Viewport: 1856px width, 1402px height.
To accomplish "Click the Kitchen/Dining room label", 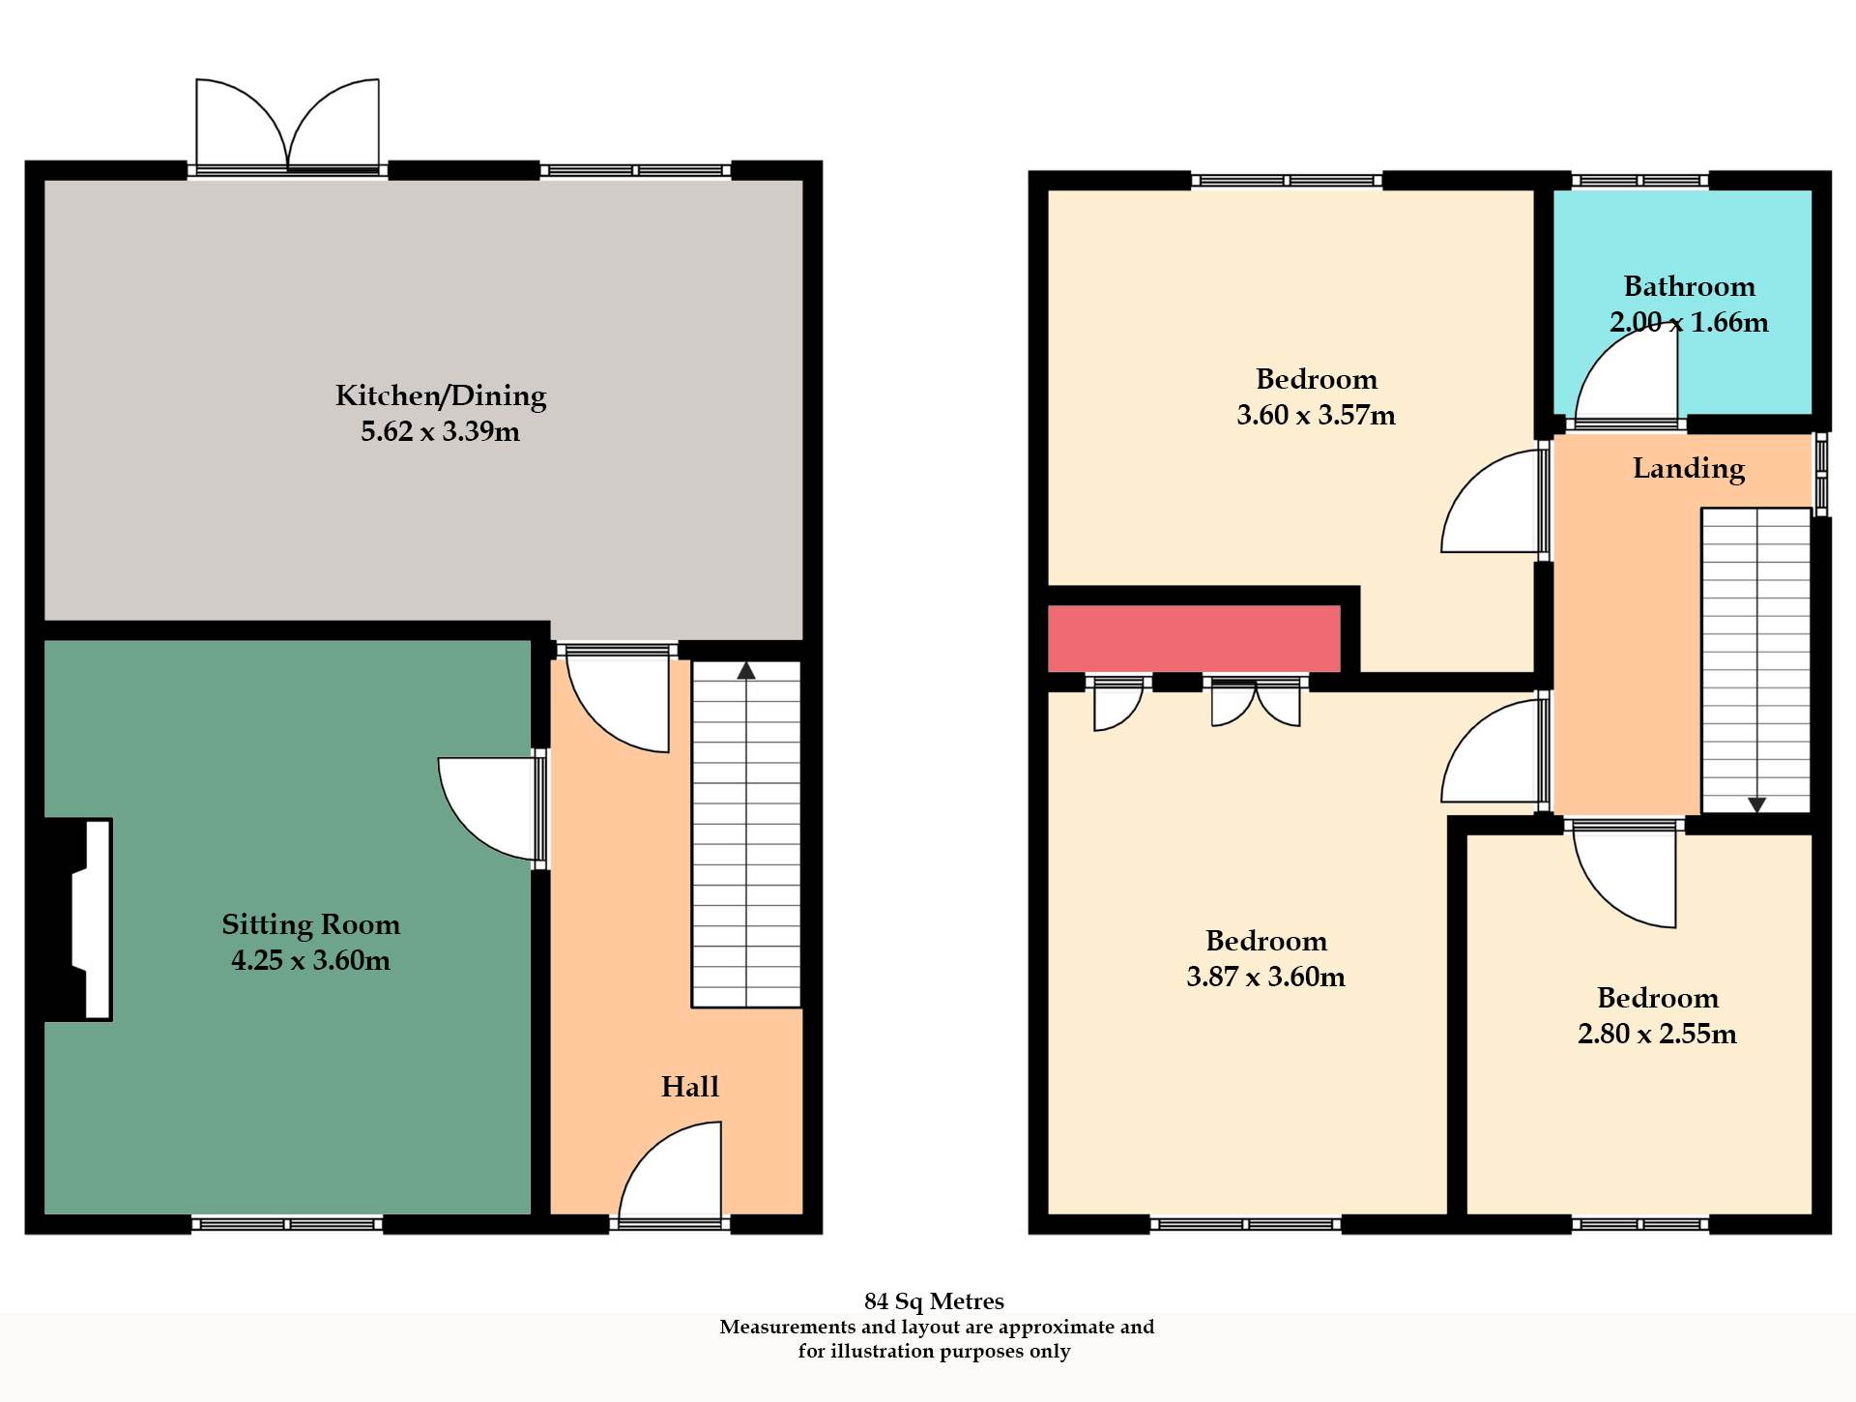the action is (x=441, y=395).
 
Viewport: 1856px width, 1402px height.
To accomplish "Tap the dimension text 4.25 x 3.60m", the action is (x=310, y=960).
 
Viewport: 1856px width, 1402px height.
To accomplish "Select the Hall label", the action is (x=689, y=1087).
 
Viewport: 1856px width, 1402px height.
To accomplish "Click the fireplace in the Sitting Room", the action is (x=79, y=920).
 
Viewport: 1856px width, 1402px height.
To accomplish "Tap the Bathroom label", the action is (x=1689, y=286).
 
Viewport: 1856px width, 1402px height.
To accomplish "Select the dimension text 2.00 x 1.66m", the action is (x=1689, y=322).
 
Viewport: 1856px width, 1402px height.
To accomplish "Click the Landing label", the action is (x=1689, y=468).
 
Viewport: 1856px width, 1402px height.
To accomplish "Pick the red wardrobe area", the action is (x=1194, y=638).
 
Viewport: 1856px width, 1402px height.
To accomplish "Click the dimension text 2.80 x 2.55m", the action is (x=1657, y=1034).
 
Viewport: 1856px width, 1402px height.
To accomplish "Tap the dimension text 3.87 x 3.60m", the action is (x=1265, y=977).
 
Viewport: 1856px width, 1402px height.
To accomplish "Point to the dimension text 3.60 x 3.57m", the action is (x=1316, y=415).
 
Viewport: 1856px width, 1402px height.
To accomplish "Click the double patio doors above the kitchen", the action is (x=287, y=126).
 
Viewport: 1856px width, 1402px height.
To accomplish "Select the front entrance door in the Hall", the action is (x=671, y=1173).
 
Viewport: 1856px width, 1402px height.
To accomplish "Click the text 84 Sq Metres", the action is (x=934, y=1301).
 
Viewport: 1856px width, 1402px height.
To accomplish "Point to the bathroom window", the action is (x=1640, y=180).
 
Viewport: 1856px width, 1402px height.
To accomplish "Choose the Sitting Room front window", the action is (x=287, y=1224).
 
